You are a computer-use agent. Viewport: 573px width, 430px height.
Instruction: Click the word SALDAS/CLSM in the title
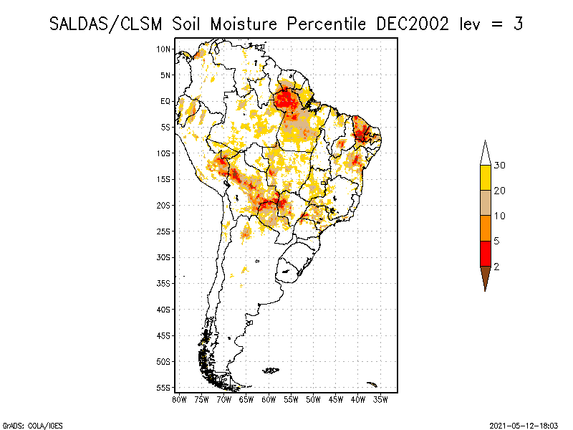[108, 24]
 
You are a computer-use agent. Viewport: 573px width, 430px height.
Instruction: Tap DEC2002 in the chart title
[413, 24]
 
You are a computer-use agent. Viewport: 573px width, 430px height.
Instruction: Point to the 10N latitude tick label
[164, 49]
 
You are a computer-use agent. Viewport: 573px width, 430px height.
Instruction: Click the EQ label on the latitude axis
[165, 101]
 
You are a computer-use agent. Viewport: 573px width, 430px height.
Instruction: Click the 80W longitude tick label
[179, 399]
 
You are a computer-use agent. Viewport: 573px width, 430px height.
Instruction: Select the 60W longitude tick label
[269, 399]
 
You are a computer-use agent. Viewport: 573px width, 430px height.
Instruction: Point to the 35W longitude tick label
[380, 399]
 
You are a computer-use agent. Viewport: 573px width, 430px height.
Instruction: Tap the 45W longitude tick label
[336, 399]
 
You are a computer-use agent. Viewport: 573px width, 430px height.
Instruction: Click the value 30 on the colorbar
[500, 166]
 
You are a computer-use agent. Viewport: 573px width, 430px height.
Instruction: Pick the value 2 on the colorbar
[496, 267]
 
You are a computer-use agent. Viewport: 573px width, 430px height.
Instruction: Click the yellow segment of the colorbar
[485, 178]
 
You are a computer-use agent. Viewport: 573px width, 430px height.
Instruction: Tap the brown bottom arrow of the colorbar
[485, 277]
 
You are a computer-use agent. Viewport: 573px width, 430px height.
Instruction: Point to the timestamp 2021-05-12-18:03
[524, 425]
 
